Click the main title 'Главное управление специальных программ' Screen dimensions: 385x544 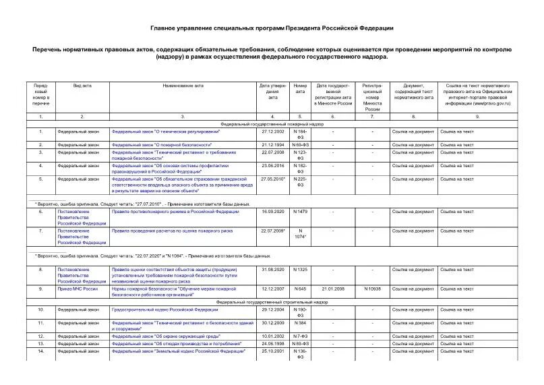[x=272, y=28]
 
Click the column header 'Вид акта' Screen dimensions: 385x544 [x=82, y=86]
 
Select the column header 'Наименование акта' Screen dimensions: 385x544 [x=183, y=86]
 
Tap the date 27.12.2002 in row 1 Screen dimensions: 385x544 [x=272, y=131]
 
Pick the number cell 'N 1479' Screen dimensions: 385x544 [x=300, y=212]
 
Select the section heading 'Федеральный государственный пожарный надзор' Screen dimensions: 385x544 [x=272, y=125]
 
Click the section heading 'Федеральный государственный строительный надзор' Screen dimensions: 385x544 [x=272, y=303]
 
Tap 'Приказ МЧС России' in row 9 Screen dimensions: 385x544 [x=76, y=289]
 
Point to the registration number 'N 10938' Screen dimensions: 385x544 [x=373, y=289]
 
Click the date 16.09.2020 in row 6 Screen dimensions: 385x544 [x=272, y=212]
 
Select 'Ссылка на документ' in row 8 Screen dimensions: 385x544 [x=413, y=269]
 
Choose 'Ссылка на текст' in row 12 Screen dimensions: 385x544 [x=456, y=336]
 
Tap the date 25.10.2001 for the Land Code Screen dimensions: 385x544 [x=272, y=351]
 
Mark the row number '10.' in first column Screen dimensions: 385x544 [x=41, y=309]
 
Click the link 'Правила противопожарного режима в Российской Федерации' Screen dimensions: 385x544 [x=175, y=212]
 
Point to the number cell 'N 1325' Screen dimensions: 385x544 [x=300, y=269]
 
